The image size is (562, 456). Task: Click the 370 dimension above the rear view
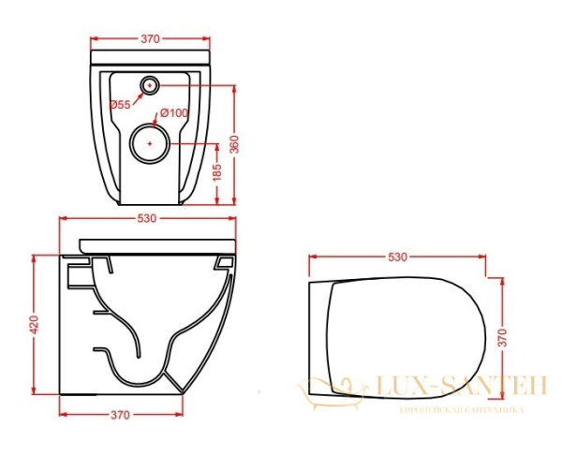tap(150, 38)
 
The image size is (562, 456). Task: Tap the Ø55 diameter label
tap(120, 105)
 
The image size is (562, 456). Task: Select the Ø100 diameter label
tap(174, 113)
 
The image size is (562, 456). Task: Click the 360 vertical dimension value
tap(234, 144)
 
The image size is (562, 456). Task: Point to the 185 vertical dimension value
tap(217, 172)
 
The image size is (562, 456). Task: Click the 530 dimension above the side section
tap(147, 218)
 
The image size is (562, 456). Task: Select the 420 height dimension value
tap(34, 325)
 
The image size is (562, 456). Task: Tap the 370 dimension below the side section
tap(120, 415)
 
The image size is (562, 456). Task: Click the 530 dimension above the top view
tap(398, 257)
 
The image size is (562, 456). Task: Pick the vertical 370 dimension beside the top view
tap(503, 337)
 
